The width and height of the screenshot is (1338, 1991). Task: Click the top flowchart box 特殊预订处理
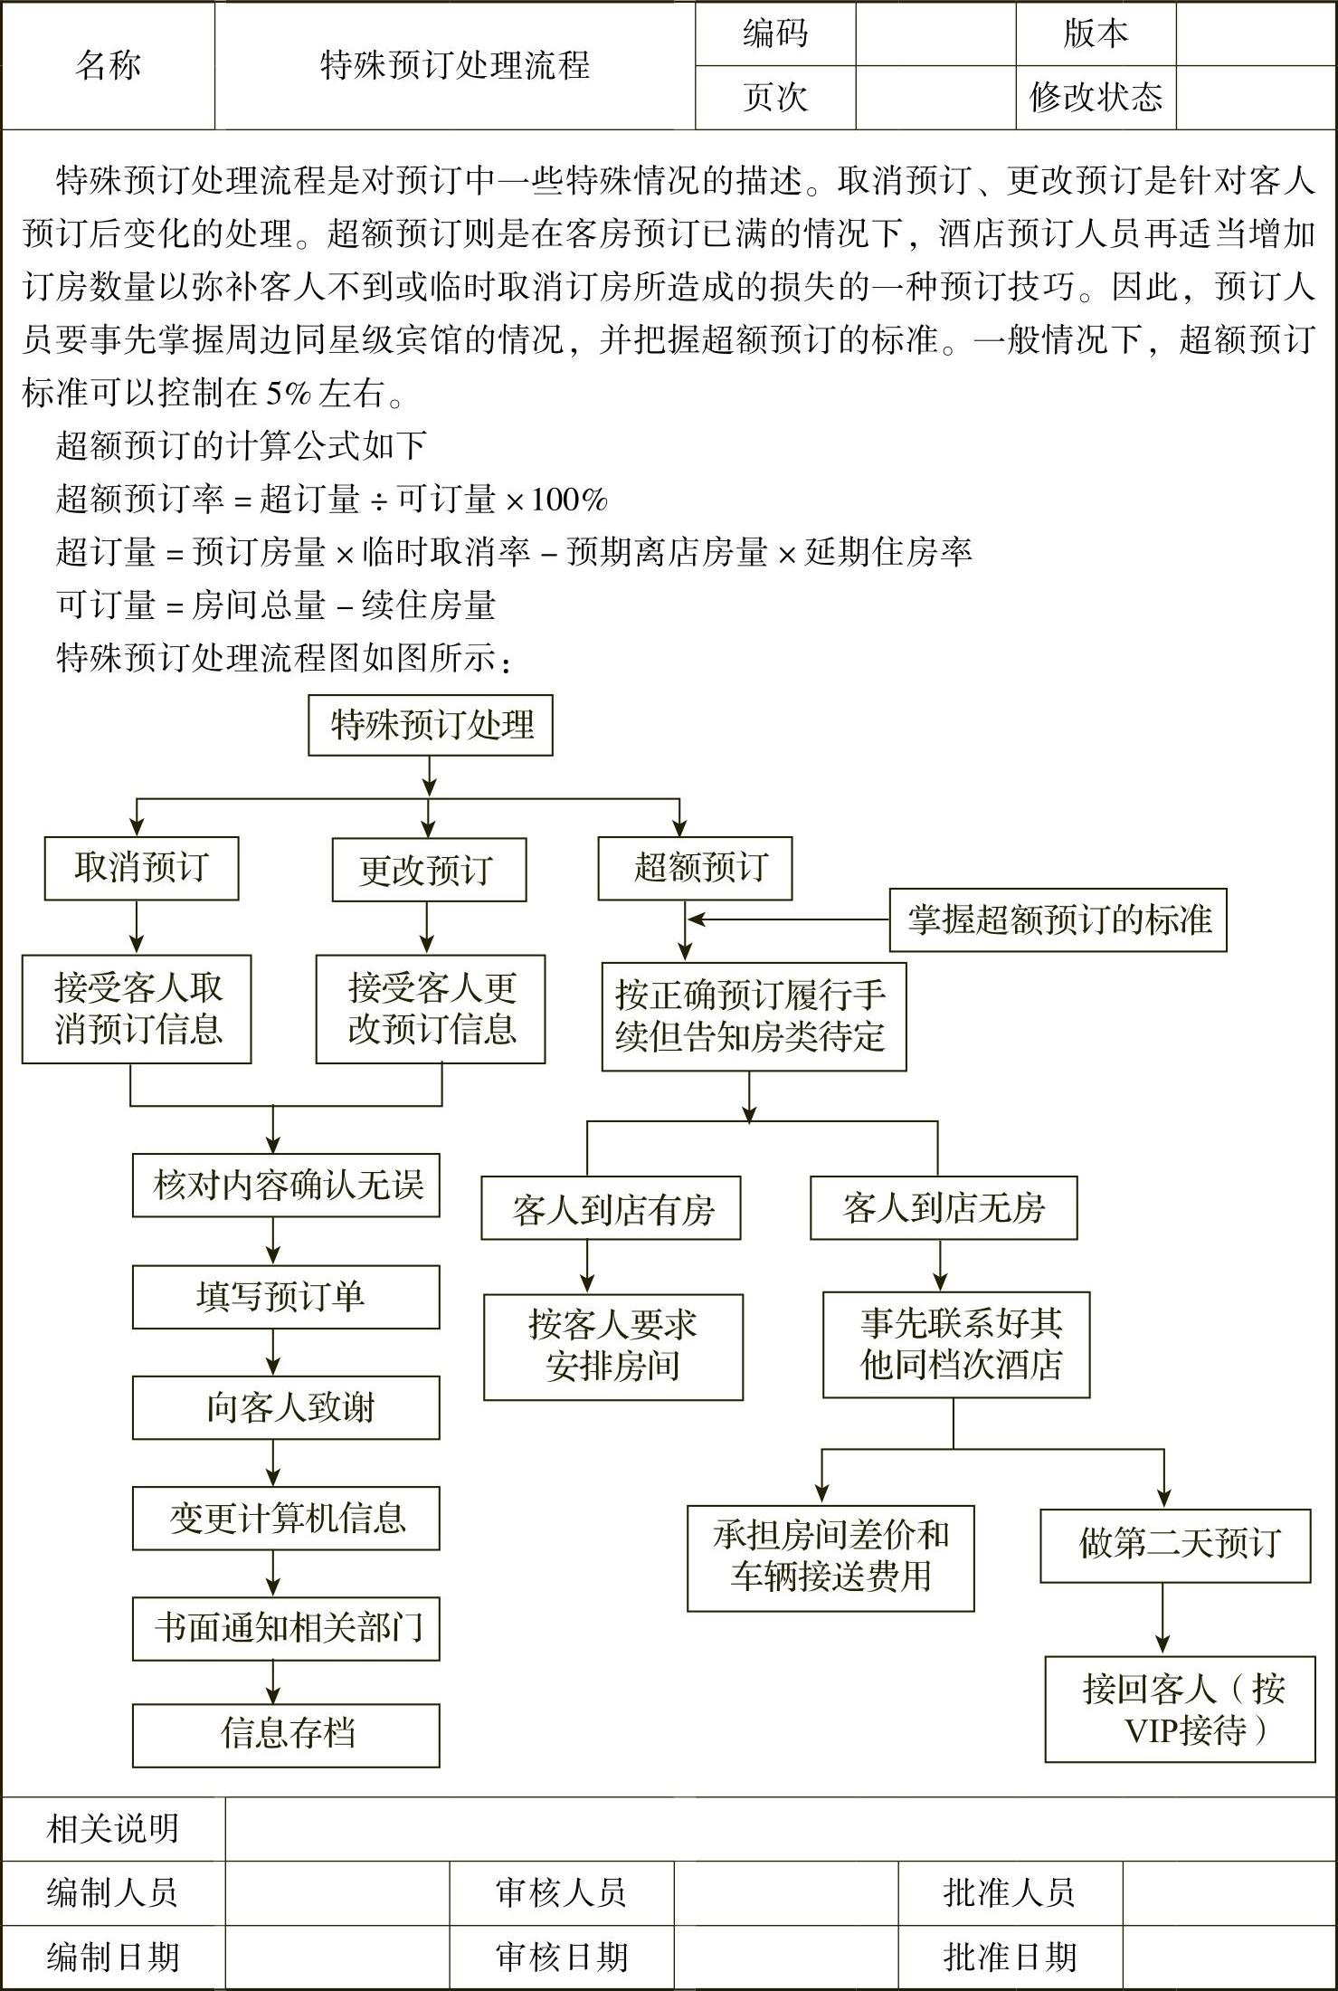tap(431, 725)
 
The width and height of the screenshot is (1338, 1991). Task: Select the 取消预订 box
tap(142, 868)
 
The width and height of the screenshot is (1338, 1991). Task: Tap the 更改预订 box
tap(429, 870)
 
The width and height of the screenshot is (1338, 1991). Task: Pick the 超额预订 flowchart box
tap(695, 868)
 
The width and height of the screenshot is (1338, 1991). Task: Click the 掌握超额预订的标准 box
tap(1058, 920)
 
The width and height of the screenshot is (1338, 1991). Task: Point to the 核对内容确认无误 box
tap(286, 1185)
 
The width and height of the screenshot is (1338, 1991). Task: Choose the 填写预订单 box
tap(286, 1297)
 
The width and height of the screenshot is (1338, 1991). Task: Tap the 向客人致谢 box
tap(286, 1408)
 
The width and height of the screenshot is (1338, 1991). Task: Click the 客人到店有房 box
tap(612, 1208)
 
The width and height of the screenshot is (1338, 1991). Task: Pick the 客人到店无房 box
tap(944, 1208)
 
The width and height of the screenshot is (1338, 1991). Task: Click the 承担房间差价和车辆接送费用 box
tap(830, 1558)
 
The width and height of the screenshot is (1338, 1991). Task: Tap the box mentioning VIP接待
tap(1180, 1709)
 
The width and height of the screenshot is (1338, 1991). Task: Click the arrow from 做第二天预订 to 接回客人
tap(1163, 1619)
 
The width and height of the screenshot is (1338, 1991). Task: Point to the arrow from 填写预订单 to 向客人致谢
tap(273, 1353)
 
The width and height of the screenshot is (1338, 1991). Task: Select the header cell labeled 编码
tap(775, 33)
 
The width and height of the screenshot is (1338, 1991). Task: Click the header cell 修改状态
tap(1096, 97)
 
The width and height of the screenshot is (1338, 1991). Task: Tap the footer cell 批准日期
tap(1010, 1958)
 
